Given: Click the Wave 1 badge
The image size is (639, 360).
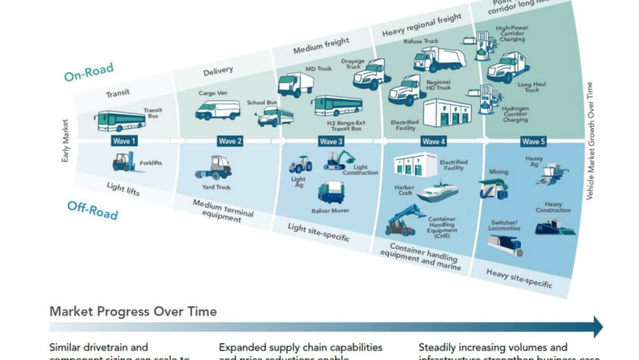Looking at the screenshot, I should pyautogui.click(x=125, y=141).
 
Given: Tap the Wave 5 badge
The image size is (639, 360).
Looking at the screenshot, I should pyautogui.click(x=531, y=141).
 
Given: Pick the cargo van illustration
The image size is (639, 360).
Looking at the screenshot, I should pyautogui.click(x=217, y=110).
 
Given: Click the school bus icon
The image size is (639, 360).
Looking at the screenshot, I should pyautogui.click(x=275, y=117).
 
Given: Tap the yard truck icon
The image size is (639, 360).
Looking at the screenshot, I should pyautogui.click(x=214, y=167).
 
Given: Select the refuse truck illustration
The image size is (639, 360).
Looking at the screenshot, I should pyautogui.click(x=439, y=59).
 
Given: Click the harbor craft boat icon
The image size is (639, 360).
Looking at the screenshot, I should pyautogui.click(x=437, y=191).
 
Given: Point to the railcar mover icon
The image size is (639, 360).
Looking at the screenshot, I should pyautogui.click(x=331, y=192).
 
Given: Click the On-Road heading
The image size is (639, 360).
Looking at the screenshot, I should pyautogui.click(x=89, y=72).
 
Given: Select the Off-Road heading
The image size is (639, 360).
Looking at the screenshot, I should pyautogui.click(x=93, y=210).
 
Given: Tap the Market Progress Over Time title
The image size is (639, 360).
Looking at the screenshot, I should pyautogui.click(x=133, y=311).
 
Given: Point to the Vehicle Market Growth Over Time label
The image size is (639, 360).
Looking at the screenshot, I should pyautogui.click(x=590, y=140).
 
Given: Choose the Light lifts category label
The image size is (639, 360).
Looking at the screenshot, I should pyautogui.click(x=125, y=190).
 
